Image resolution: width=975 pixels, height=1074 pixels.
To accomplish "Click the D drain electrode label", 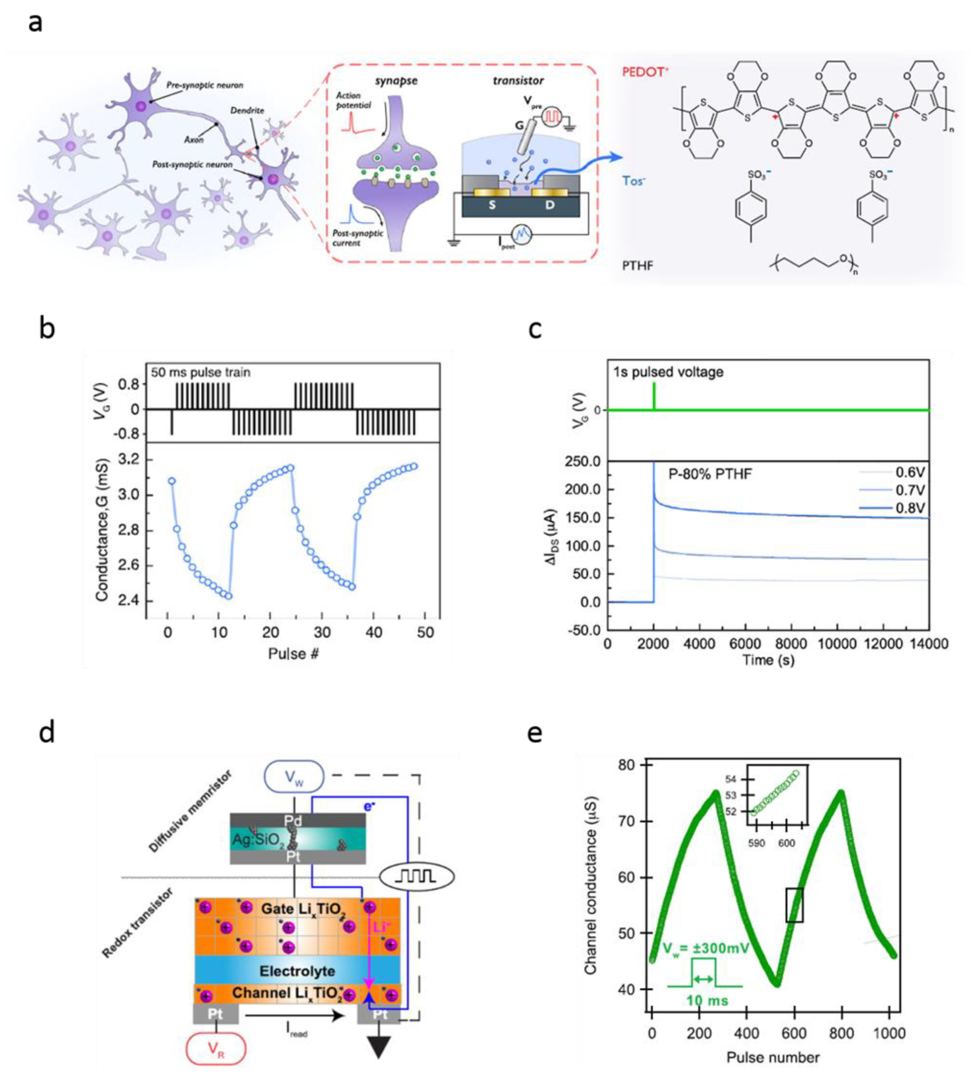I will (x=550, y=205).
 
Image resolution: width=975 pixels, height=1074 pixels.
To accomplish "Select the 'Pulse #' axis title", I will (x=293, y=654).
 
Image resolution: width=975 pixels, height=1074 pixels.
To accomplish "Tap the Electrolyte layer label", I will (x=297, y=971).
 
